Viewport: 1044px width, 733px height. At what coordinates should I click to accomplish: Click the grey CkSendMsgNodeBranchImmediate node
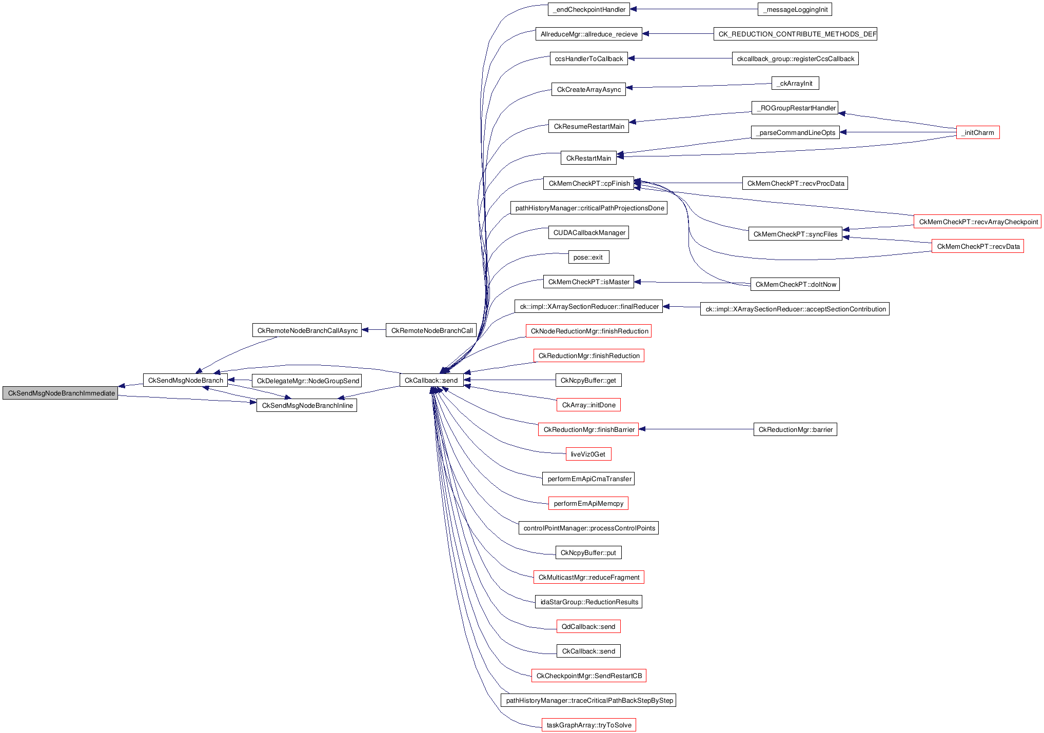click(61, 393)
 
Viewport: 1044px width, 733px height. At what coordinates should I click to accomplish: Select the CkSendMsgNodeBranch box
click(185, 381)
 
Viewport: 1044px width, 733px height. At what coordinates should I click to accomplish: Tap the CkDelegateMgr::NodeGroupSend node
click(308, 381)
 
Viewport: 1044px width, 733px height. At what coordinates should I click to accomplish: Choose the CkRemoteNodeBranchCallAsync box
click(307, 330)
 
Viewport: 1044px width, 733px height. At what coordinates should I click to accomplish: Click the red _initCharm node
click(977, 132)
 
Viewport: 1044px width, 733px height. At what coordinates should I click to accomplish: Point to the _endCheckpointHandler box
click(588, 9)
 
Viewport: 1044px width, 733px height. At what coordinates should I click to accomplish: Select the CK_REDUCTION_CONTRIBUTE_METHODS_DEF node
click(795, 34)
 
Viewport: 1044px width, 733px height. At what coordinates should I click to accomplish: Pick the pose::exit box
click(588, 257)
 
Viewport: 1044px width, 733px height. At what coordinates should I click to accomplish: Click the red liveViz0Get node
click(588, 454)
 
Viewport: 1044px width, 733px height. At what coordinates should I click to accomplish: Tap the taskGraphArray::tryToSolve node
click(588, 725)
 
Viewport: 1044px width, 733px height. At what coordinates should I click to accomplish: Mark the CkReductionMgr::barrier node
click(795, 429)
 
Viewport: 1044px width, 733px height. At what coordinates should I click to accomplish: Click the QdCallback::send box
click(588, 626)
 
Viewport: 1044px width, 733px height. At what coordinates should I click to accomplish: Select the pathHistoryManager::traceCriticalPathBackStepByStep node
click(588, 700)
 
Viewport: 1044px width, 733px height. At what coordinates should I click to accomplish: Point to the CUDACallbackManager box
click(588, 232)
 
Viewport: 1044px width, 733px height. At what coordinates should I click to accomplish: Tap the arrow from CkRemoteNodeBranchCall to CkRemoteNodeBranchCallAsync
click(373, 330)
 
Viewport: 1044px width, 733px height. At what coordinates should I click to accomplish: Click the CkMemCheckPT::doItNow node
click(795, 284)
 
